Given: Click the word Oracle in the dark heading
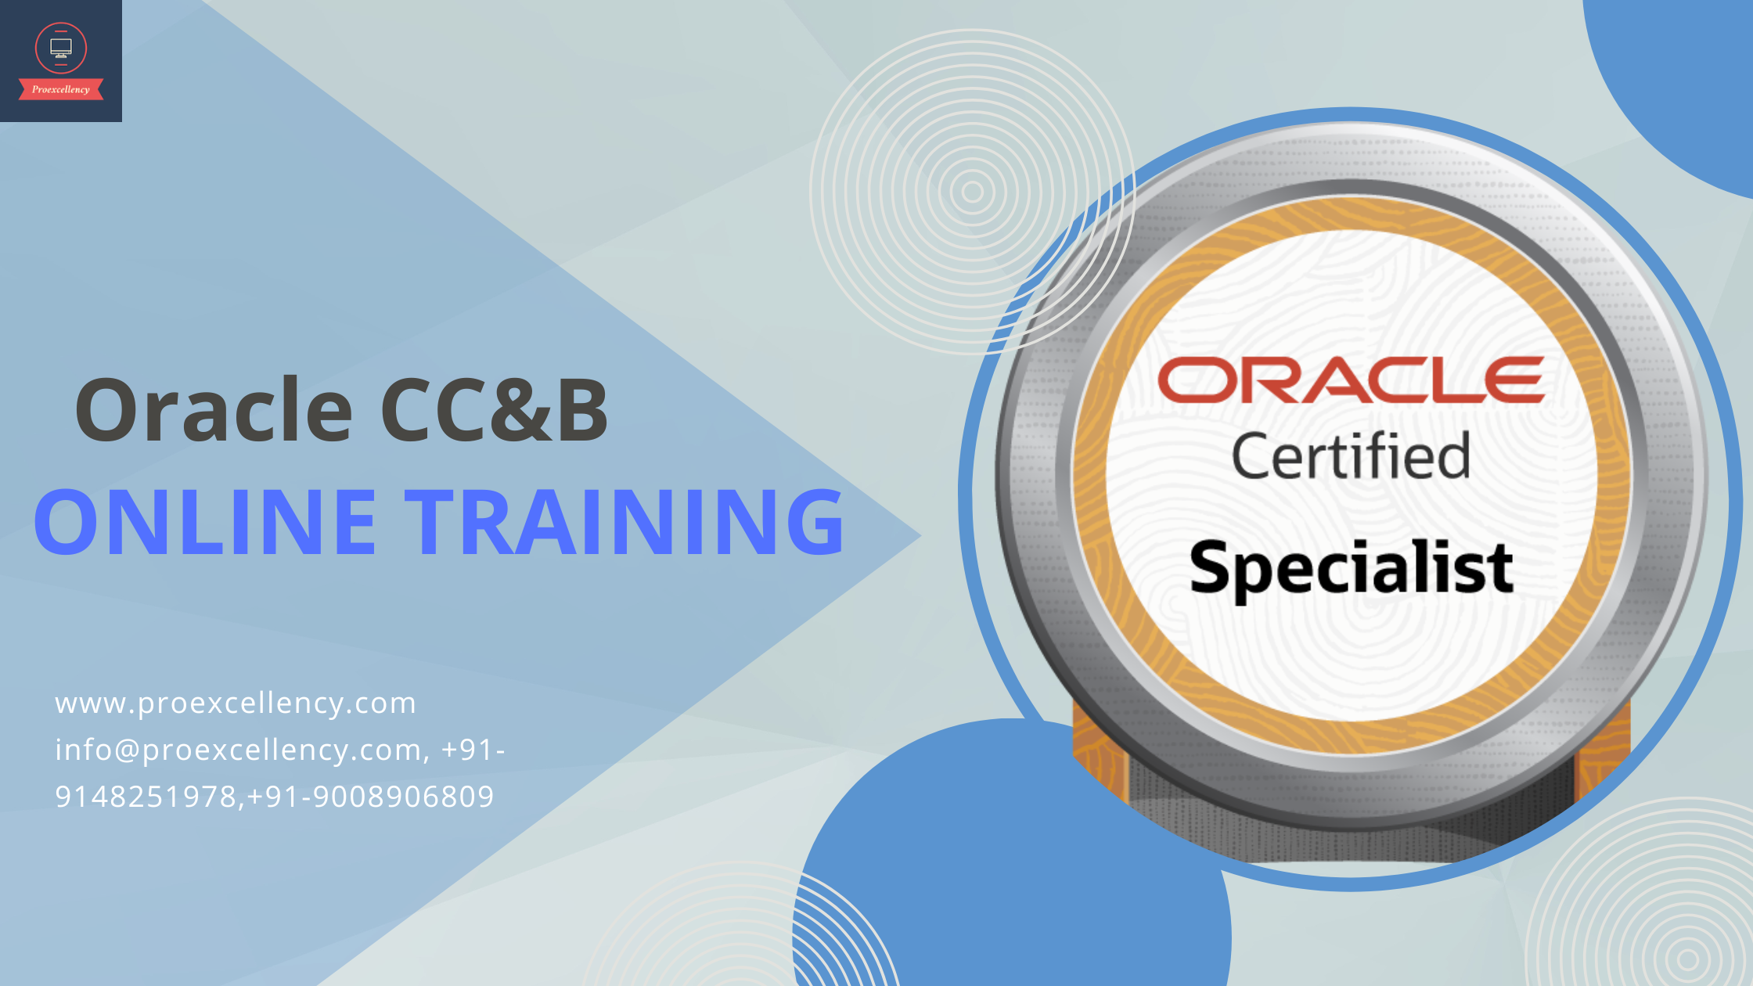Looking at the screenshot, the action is click(x=214, y=409).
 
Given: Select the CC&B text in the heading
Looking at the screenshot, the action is click(x=495, y=409).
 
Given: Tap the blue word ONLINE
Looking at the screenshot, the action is click(x=205, y=521).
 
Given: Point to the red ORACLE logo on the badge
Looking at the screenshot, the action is click(x=1351, y=380).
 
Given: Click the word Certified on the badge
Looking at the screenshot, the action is click(x=1351, y=455).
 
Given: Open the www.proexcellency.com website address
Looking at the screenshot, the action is click(x=236, y=704).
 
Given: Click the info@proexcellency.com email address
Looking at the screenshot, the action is click(x=239, y=750).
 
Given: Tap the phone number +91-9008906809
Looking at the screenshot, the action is click(x=371, y=797).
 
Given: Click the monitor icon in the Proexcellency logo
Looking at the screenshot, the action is click(x=61, y=48).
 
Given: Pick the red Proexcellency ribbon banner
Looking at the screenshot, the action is click(x=61, y=89).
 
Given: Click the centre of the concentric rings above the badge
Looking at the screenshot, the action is click(x=972, y=192).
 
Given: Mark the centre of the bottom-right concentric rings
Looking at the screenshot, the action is click(x=1688, y=959).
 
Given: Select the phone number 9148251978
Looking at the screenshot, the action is click(x=146, y=797).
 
